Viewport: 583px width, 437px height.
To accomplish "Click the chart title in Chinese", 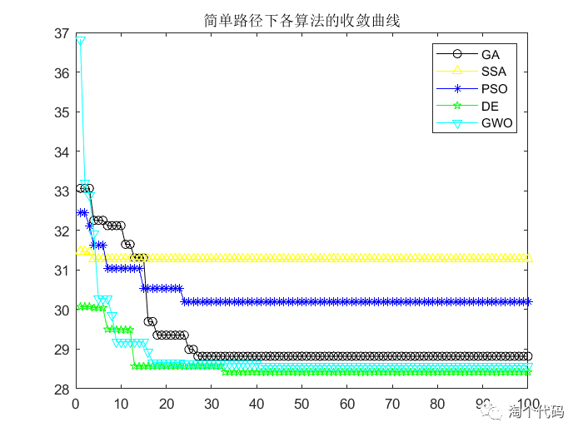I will [x=302, y=21].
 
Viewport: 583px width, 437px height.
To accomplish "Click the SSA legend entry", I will [x=493, y=72].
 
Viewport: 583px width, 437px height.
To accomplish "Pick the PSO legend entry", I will [x=493, y=89].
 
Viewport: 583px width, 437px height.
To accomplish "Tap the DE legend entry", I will [x=490, y=107].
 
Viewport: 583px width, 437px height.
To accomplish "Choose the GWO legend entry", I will [x=496, y=124].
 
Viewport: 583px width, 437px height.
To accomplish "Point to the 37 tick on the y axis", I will [x=61, y=33].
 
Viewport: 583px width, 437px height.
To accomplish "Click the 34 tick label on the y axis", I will [x=61, y=152].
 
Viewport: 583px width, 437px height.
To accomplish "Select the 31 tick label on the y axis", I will [x=61, y=271].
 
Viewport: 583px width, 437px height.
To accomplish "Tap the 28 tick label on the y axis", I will [x=61, y=390].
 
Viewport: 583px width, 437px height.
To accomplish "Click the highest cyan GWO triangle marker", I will [x=81, y=40].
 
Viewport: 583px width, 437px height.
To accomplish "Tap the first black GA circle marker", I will [x=81, y=188].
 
